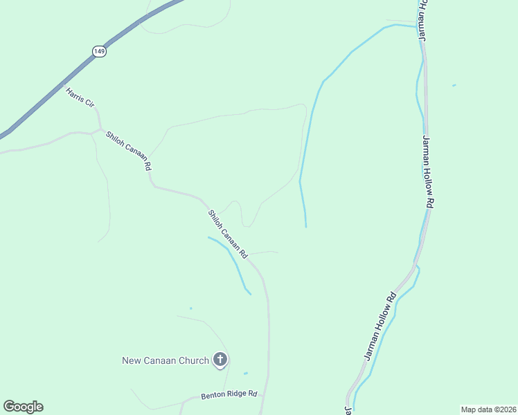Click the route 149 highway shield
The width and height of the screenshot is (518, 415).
coord(100,51)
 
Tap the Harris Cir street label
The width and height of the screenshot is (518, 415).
coord(80,97)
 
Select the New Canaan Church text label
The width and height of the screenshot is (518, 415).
coord(166,360)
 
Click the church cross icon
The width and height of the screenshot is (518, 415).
coord(220,359)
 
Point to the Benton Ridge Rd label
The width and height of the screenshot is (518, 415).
coord(229,395)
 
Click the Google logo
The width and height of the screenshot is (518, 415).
coord(23,407)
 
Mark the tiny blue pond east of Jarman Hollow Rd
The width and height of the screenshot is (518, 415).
coord(454,86)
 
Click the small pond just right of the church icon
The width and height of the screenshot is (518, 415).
coord(245,373)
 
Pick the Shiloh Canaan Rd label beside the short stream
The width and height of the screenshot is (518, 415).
coord(228,234)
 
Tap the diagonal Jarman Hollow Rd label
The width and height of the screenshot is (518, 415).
coord(380,326)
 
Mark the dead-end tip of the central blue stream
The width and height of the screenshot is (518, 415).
coord(305,226)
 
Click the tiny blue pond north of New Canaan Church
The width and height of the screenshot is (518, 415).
coord(190,308)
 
